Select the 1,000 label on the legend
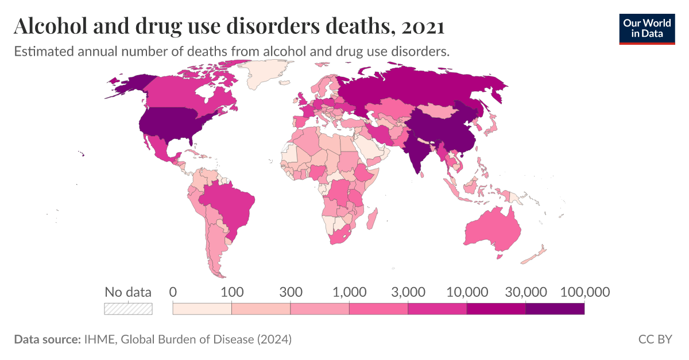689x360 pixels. pyautogui.click(x=349, y=292)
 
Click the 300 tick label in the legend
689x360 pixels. pyautogui.click(x=291, y=292)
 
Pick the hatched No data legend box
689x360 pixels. pyautogui.click(x=128, y=309)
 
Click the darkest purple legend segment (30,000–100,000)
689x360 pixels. pyautogui.click(x=555, y=309)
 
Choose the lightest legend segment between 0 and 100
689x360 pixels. pyautogui.click(x=202, y=309)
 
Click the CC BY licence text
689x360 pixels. pyautogui.click(x=655, y=339)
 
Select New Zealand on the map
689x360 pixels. pyautogui.click(x=537, y=253)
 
